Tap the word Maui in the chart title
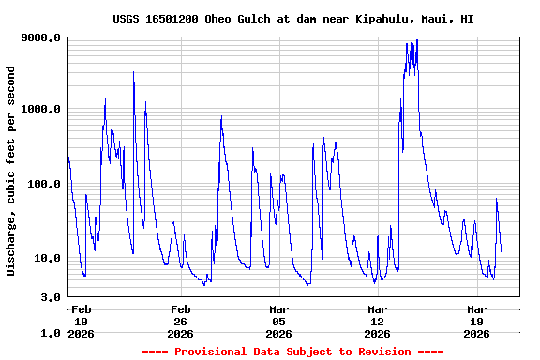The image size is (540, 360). pyautogui.click(x=430, y=19)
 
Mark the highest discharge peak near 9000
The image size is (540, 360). pyautogui.click(x=416, y=40)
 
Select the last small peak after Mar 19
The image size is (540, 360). pyautogui.click(x=497, y=200)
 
